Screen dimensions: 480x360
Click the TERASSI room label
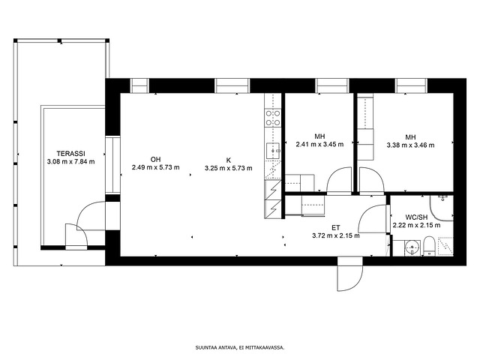coord(71,154)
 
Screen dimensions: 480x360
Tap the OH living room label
coord(155,160)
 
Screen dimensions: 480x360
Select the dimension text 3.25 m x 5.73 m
coord(228,168)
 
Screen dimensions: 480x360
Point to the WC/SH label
coord(416,217)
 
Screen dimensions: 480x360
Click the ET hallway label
coord(336,228)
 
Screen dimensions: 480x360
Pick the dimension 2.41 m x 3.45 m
coord(319,144)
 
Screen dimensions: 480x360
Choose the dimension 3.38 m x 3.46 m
coord(410,145)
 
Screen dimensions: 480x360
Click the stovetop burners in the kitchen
coord(273,118)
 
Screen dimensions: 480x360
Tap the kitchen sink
coord(273,151)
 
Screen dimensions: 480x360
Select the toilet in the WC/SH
coord(429,245)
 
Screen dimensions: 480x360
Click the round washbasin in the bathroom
coord(412,247)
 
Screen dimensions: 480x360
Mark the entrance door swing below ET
coord(350,274)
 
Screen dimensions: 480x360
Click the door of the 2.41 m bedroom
coord(339,181)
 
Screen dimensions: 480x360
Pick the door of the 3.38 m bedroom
coord(371,181)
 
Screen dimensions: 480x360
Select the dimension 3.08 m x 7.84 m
coord(71,162)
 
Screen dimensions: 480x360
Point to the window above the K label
coord(232,85)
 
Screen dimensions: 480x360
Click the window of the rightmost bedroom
coord(412,85)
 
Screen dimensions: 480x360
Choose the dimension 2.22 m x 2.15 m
coord(417,225)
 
